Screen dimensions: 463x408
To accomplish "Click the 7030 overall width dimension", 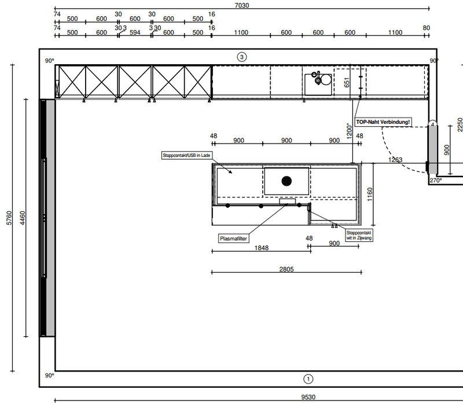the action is pos(242,5).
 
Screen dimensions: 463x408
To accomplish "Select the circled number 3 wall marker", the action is pos(242,57).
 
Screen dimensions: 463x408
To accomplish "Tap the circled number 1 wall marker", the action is pos(308,379).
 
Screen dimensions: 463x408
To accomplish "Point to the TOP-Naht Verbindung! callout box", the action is pos(383,122).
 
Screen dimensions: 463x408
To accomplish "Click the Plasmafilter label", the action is pos(233,238).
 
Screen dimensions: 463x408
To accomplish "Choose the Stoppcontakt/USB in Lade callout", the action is pos(186,155).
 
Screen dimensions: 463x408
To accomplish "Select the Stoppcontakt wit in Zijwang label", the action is pos(359,236).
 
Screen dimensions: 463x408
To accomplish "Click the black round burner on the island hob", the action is pos(286,181).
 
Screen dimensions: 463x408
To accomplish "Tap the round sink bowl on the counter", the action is pos(326,80).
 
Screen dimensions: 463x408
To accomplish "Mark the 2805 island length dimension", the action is pos(286,269).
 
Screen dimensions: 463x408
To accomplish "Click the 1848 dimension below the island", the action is pos(262,248).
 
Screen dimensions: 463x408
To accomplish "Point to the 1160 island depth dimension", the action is pos(370,194).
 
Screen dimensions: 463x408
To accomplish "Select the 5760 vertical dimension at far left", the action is pos(9,218).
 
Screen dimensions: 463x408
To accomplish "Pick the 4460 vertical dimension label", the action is pos(23,218).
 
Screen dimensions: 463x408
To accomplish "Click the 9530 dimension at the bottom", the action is pos(308,397).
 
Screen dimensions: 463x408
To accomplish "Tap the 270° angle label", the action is pos(436,180).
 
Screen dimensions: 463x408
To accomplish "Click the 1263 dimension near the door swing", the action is pos(395,160).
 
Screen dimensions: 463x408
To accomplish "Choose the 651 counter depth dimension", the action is pos(347,82).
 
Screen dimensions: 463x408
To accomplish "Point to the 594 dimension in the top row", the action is pos(135,32).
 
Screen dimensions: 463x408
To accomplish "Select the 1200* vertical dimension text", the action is pos(350,131).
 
